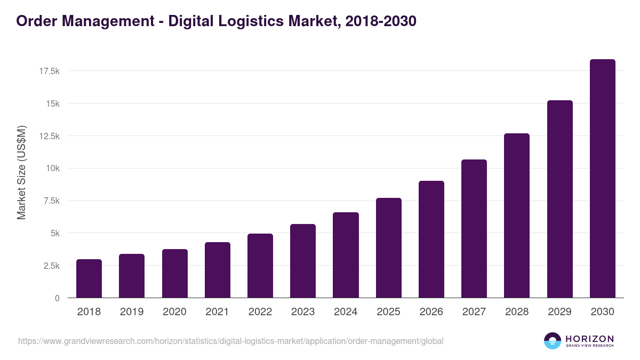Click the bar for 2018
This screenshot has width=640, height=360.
89,278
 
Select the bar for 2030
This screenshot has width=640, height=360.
602,179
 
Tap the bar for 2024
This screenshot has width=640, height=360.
346,255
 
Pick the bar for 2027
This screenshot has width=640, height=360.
474,229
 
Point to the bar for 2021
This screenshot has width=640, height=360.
217,270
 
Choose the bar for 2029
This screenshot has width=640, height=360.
559,199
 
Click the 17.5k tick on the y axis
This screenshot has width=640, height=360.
49,71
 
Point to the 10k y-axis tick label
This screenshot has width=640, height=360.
52,169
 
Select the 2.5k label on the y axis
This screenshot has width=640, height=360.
51,266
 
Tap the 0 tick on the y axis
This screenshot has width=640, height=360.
57,298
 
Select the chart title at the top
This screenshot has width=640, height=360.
216,21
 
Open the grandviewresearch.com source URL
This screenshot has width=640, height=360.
230,341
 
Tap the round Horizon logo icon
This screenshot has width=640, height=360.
553,341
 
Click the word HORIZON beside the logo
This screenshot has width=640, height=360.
589,338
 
